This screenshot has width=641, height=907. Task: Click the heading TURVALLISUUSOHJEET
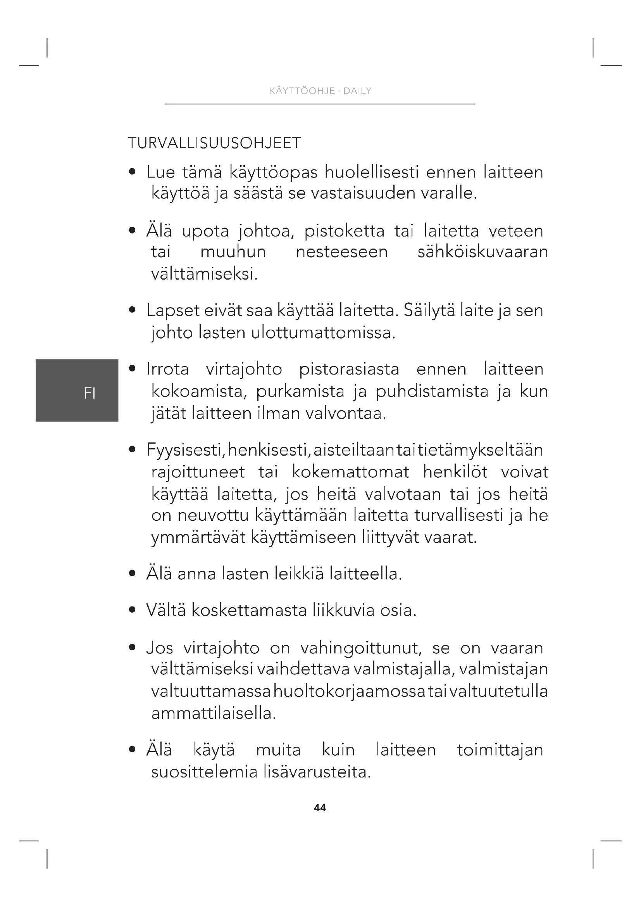[x=214, y=143]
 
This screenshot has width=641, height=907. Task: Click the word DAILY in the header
[x=357, y=91]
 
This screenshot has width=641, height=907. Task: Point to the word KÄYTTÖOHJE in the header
[x=302, y=91]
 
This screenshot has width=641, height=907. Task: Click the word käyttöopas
[x=273, y=173]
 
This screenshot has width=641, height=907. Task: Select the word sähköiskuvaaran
[x=482, y=252]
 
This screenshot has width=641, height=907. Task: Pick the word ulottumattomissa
[x=323, y=333]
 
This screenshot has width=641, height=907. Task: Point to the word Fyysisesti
[x=186, y=450]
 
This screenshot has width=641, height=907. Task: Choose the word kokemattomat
[x=350, y=472]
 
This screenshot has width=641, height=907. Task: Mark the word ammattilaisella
[x=213, y=713]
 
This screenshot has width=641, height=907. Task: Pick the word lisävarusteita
[x=317, y=772]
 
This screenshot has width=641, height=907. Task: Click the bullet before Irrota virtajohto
[x=133, y=369]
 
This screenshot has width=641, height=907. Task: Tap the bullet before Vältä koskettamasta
[x=133, y=610]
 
